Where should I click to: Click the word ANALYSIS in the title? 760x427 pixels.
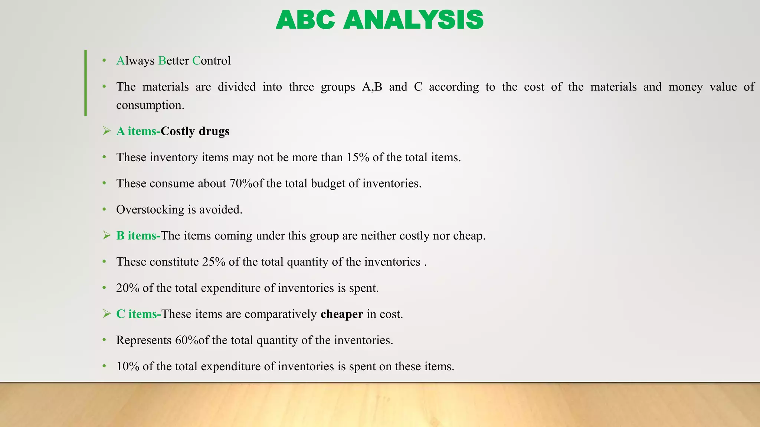tap(413, 20)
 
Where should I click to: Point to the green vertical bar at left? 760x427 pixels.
tap(86, 83)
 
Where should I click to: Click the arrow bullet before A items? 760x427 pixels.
tap(107, 131)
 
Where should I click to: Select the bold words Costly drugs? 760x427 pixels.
tap(195, 131)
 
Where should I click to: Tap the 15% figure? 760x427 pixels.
tap(358, 158)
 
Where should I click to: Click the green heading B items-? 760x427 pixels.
tap(138, 236)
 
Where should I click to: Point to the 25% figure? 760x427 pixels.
tap(214, 262)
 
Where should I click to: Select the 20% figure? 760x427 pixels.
tap(128, 288)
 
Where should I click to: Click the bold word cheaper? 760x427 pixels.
tap(342, 314)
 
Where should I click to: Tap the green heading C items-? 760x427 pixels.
tap(138, 314)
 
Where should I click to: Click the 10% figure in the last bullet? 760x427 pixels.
tap(128, 367)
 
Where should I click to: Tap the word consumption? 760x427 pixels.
tap(150, 105)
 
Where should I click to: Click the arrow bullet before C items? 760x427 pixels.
tap(107, 314)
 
